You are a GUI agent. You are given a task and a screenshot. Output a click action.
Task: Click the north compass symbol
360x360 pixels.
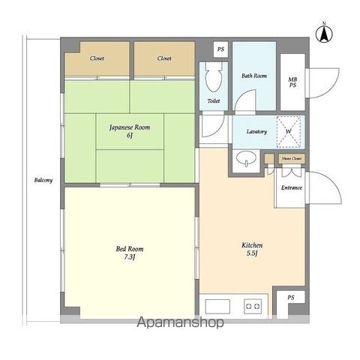[x=324, y=33]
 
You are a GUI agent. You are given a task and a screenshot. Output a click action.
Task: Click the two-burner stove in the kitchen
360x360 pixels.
[x=253, y=306]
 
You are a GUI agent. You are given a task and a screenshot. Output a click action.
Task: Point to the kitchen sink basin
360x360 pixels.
[x=217, y=306]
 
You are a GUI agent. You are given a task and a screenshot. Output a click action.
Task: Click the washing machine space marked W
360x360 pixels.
[x=289, y=131]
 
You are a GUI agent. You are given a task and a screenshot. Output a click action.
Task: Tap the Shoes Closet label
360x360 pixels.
[x=292, y=158]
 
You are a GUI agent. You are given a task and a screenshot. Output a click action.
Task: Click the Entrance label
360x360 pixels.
[x=292, y=187]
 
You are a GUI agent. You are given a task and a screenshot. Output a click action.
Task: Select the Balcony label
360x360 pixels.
[x=43, y=180]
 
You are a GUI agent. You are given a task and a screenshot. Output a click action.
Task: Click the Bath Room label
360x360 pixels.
[x=254, y=76]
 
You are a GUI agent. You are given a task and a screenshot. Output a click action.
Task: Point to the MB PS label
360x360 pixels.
[x=292, y=82]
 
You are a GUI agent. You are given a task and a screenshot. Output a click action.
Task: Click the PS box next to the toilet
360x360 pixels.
[x=220, y=49]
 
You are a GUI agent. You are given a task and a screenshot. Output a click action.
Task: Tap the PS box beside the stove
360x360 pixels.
[x=291, y=298]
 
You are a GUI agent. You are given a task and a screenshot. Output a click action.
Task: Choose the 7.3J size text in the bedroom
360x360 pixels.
[x=130, y=257]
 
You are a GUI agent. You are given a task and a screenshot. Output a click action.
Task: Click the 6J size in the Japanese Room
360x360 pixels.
[x=130, y=136]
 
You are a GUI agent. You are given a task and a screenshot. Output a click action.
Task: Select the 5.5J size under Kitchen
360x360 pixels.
[x=252, y=253]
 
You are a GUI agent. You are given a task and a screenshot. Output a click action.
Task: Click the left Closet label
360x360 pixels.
[x=97, y=58]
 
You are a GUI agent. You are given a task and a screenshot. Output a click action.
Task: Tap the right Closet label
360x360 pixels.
[x=164, y=58]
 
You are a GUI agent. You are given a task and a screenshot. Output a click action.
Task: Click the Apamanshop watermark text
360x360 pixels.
[x=180, y=322]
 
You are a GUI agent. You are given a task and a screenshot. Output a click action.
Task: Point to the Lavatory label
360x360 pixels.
[x=256, y=131]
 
